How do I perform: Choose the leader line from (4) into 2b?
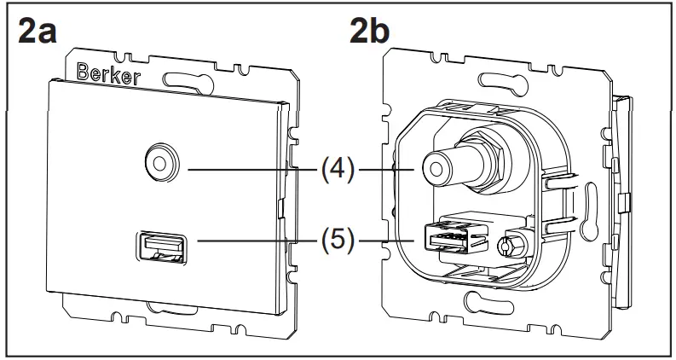point(388,169)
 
